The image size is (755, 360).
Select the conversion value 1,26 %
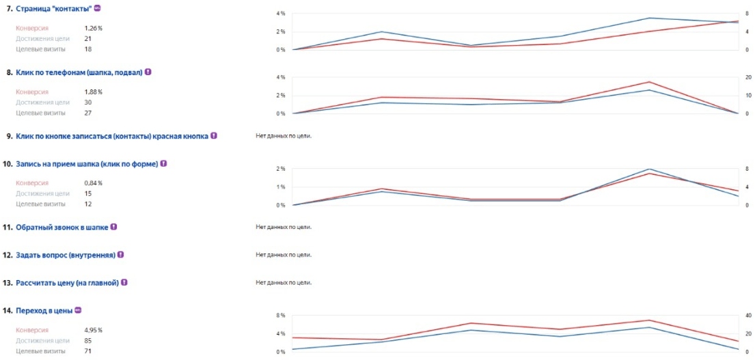point(93,28)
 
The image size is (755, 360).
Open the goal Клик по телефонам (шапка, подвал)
point(79,72)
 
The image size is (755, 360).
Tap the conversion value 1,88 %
point(93,92)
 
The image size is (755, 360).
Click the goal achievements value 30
point(88,102)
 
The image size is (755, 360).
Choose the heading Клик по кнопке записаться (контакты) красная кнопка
point(111,136)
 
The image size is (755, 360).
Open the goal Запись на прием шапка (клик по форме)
point(87,164)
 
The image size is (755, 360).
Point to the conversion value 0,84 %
point(93,183)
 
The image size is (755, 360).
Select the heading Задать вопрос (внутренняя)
point(65,255)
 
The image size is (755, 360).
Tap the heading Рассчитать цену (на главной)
point(67,282)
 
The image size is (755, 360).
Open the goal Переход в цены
point(44,311)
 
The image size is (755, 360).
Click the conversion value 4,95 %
point(93,330)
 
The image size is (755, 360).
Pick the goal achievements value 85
point(88,340)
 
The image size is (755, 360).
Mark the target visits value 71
point(87,350)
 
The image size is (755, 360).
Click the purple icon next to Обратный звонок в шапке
point(113,227)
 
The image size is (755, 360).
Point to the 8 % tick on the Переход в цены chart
point(280,316)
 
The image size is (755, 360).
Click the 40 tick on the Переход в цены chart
point(749,316)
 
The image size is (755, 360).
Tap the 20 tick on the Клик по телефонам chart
point(749,77)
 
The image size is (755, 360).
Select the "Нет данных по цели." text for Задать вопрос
point(283,255)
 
